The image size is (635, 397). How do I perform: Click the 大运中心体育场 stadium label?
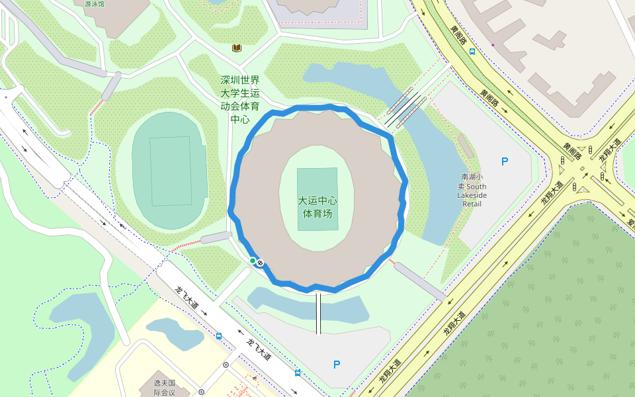(x=317, y=207)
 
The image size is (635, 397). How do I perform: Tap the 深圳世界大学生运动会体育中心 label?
(x=240, y=99)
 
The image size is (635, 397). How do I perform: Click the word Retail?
(x=472, y=204)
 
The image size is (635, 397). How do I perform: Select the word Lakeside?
(x=472, y=196)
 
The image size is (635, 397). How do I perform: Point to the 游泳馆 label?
(x=95, y=4)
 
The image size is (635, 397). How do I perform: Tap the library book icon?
(x=237, y=48)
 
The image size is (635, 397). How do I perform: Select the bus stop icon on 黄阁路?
(x=472, y=51)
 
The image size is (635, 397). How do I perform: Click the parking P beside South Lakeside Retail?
(x=505, y=161)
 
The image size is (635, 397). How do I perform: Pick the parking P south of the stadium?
(x=337, y=364)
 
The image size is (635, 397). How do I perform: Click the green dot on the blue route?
(x=253, y=261)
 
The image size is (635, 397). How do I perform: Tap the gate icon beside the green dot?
(x=260, y=263)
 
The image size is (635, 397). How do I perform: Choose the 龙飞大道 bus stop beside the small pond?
(x=219, y=335)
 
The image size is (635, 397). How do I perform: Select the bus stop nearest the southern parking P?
(x=298, y=373)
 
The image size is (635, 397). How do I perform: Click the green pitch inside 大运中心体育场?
(x=317, y=198)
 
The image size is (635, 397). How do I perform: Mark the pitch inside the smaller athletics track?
(x=171, y=171)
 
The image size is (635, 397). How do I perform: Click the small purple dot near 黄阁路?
(x=493, y=45)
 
